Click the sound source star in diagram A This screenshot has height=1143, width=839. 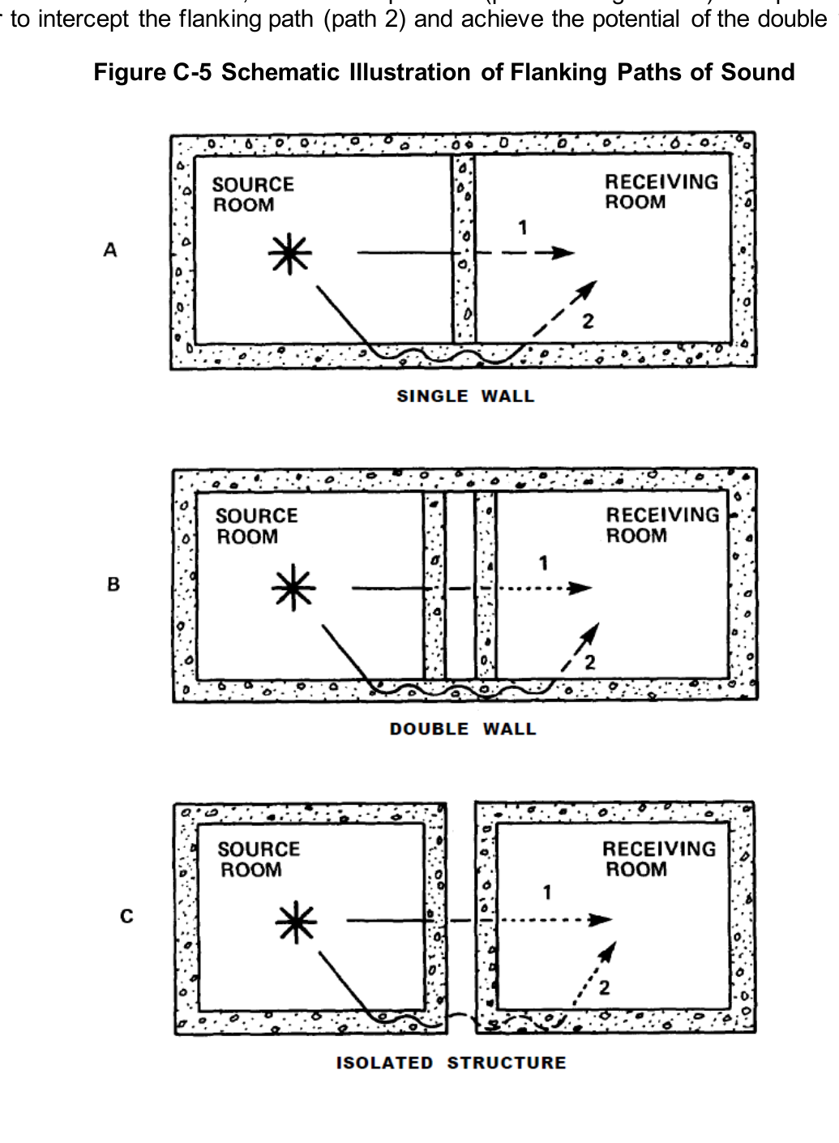pos(290,254)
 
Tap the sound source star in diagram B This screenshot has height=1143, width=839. pos(293,588)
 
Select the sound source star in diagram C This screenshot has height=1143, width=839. pos(296,922)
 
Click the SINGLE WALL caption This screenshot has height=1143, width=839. pos(465,396)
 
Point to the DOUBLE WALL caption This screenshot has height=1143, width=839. pos(463,729)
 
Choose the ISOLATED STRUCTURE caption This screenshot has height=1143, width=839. pos(452,1063)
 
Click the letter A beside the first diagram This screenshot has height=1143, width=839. pos(110,250)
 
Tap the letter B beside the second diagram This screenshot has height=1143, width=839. pos(113,584)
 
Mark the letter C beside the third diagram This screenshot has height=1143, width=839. pos(126,917)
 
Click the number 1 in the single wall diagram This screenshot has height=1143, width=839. pos(523,228)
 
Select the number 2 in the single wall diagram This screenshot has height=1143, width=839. pos(588,321)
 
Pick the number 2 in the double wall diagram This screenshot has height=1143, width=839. pos(589,662)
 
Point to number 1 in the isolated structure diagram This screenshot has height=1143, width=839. pos(547,893)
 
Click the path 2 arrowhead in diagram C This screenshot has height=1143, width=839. pos(608,952)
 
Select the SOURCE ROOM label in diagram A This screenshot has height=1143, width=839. pos(253,195)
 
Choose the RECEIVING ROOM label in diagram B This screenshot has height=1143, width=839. pos(662,525)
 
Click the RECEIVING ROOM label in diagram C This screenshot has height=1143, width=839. pos(659,858)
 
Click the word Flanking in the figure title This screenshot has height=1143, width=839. pos(559,72)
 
